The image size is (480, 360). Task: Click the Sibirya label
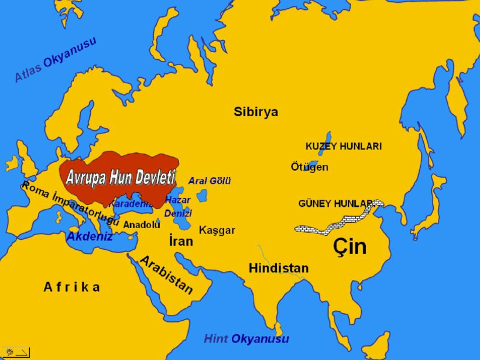click(x=256, y=111)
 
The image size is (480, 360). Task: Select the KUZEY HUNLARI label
click(x=343, y=146)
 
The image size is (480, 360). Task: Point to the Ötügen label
click(x=309, y=167)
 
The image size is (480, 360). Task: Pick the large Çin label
click(x=350, y=246)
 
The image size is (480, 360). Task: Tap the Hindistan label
click(x=278, y=269)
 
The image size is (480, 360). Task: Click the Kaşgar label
click(x=217, y=230)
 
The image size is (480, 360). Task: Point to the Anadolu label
click(x=142, y=225)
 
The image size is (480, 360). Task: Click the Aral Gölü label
click(x=209, y=181)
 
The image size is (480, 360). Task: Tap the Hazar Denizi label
click(x=177, y=207)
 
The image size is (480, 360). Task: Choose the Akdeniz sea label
click(x=89, y=237)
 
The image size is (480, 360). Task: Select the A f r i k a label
click(x=72, y=287)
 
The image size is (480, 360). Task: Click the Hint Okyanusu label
click(x=246, y=339)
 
